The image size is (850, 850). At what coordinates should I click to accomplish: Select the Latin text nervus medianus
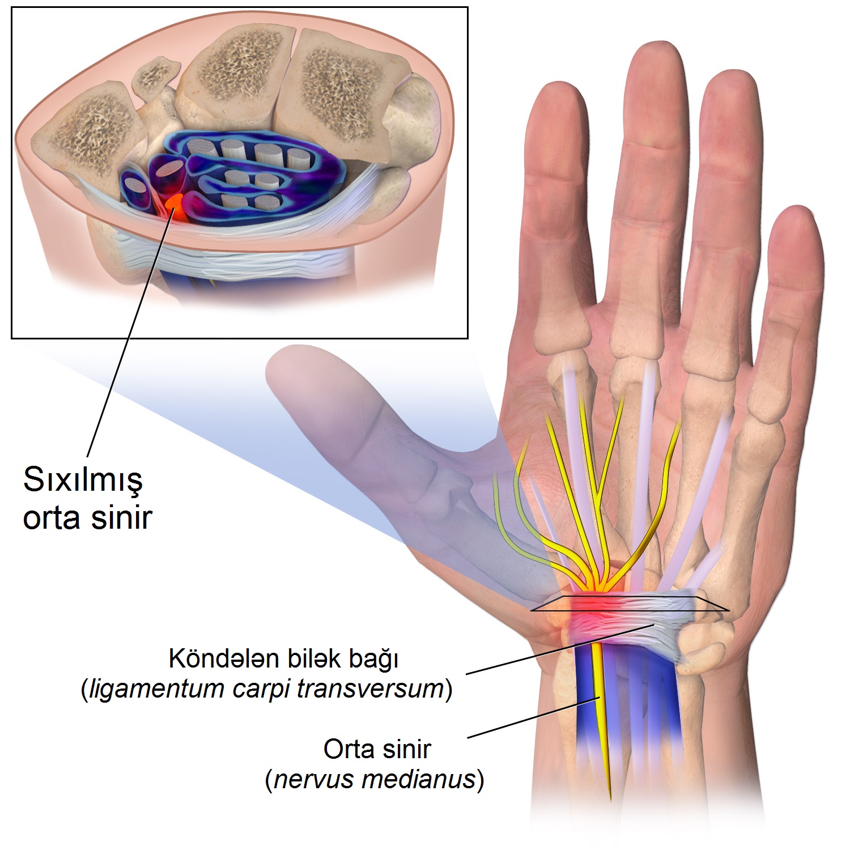click(x=375, y=779)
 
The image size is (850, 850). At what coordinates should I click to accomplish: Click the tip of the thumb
click(x=283, y=363)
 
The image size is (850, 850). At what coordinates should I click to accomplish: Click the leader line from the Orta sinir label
click(x=533, y=718)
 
